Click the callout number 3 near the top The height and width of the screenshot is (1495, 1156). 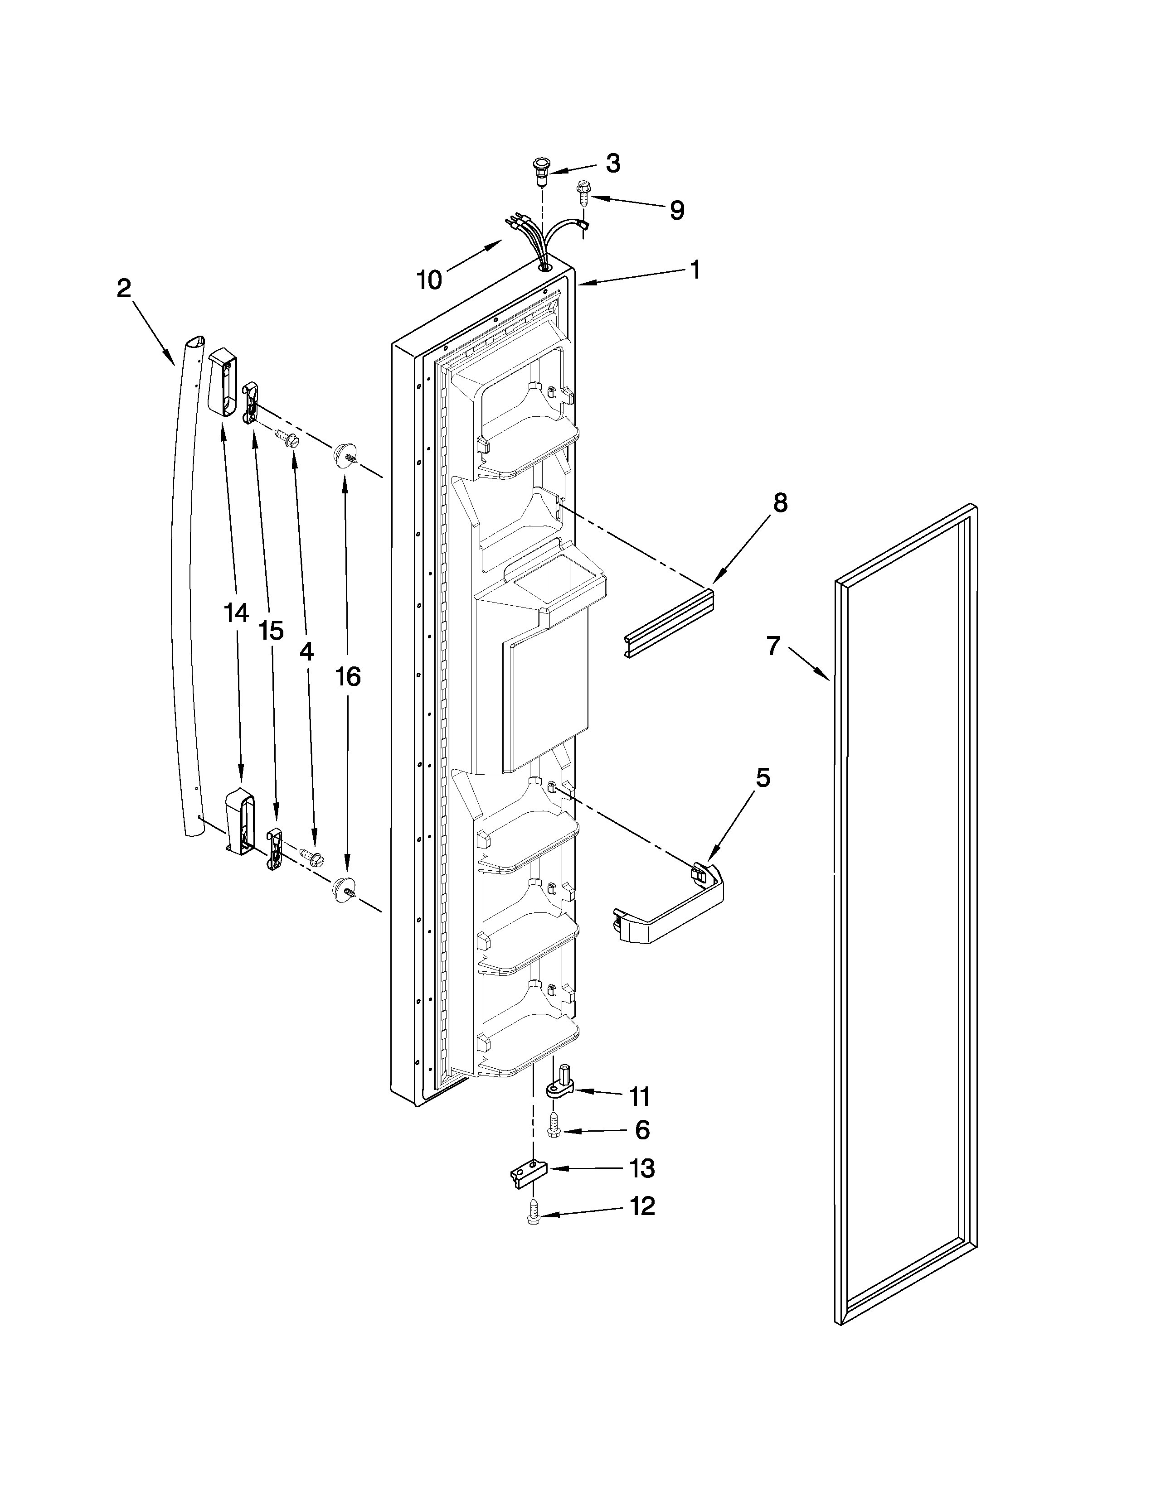click(613, 163)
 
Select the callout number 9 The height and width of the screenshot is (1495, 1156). click(677, 210)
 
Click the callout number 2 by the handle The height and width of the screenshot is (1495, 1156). click(123, 288)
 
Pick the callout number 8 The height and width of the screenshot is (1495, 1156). click(780, 503)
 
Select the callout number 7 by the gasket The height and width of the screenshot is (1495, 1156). click(773, 646)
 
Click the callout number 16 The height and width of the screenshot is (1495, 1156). click(348, 676)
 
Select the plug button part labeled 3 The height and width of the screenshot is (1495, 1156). click(541, 170)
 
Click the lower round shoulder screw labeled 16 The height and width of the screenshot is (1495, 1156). click(342, 888)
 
